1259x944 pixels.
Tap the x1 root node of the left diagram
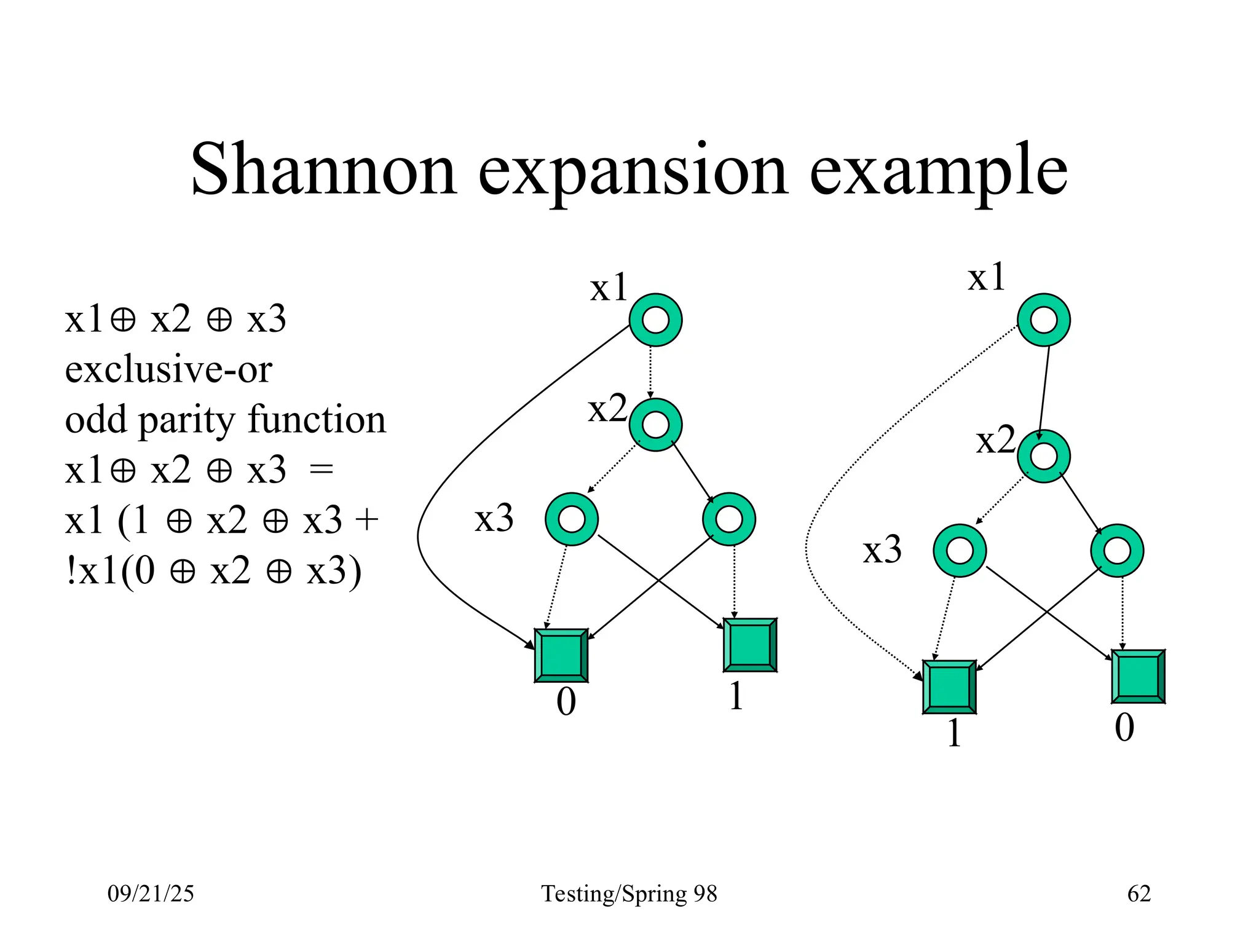click(x=655, y=320)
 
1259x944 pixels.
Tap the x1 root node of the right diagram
click(x=1043, y=320)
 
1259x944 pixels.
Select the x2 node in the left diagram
click(x=655, y=425)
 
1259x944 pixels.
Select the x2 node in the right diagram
click(x=1043, y=456)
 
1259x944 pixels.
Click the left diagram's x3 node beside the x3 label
click(x=572, y=519)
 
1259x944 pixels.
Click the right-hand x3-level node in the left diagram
click(x=728, y=519)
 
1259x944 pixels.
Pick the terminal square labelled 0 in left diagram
click(x=561, y=655)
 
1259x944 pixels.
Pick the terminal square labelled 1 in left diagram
click(x=750, y=645)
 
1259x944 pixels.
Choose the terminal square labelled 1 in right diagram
click(x=949, y=686)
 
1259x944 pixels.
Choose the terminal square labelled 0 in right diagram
click(x=1138, y=676)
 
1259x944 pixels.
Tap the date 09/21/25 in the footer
click(x=151, y=893)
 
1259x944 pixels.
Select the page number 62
click(x=1139, y=893)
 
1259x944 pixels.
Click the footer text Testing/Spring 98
click(x=629, y=893)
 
